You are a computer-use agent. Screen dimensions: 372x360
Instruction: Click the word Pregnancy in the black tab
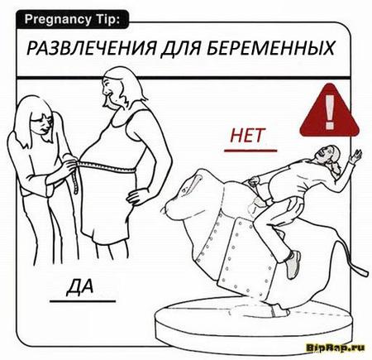(x=57, y=20)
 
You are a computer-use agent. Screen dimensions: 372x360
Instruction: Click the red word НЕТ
(x=246, y=136)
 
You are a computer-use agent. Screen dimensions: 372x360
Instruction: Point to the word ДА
(x=79, y=286)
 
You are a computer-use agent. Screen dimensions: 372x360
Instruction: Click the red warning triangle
(x=330, y=111)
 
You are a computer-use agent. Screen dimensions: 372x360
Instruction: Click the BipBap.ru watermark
(x=336, y=347)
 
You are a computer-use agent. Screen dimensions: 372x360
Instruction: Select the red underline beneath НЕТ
(x=250, y=151)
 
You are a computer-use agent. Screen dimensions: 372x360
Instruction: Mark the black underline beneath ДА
(x=83, y=301)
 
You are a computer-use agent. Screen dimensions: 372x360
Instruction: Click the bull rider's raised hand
(x=355, y=156)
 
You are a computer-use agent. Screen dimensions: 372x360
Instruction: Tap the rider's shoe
(x=293, y=264)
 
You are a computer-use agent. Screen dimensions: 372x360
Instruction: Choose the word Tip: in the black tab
(x=107, y=20)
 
